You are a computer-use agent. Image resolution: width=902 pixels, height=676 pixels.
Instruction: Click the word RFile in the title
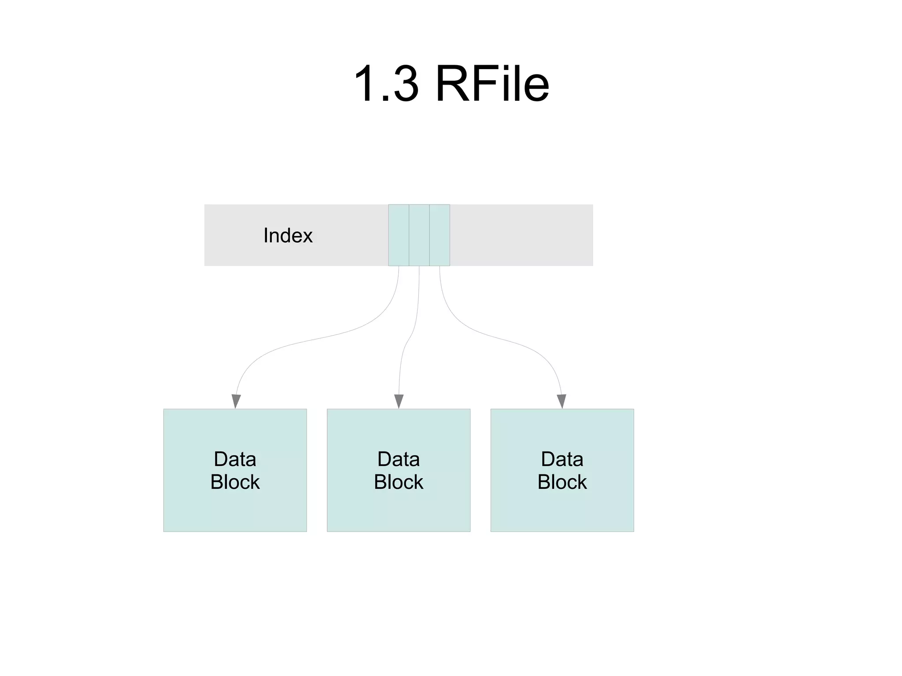click(492, 84)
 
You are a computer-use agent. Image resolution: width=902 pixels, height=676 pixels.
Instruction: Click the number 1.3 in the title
click(386, 84)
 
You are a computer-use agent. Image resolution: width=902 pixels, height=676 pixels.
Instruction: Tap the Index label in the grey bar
click(288, 235)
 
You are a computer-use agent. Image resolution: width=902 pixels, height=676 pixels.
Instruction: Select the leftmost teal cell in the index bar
click(398, 235)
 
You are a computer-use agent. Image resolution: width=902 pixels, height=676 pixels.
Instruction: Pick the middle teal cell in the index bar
click(419, 235)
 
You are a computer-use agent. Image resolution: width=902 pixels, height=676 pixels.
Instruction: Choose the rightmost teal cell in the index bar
click(439, 235)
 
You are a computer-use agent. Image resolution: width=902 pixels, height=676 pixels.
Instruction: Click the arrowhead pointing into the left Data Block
click(236, 401)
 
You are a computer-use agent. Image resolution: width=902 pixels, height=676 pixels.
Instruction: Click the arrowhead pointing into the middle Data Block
click(399, 401)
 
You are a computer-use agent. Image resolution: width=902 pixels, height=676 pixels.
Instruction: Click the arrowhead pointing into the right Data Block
click(561, 401)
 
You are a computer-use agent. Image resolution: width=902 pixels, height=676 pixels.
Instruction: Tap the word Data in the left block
click(235, 459)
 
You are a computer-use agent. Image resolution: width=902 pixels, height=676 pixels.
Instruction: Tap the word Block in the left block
click(235, 482)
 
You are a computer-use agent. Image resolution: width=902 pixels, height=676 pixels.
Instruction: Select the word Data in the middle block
click(398, 459)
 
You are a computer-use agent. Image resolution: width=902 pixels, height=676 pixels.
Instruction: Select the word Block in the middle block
click(398, 482)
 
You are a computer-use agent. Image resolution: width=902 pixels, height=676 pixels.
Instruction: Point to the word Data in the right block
click(562, 459)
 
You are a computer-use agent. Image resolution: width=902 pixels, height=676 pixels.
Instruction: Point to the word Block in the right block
click(562, 482)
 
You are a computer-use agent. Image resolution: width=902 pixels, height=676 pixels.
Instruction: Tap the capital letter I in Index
click(265, 235)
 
